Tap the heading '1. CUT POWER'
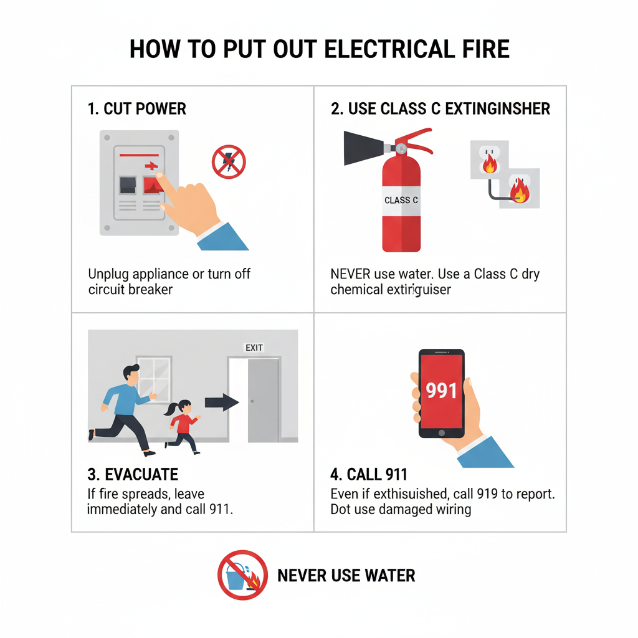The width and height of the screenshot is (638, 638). (x=136, y=108)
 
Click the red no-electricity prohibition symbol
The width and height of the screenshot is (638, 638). (x=229, y=162)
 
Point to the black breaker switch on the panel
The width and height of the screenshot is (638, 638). (x=128, y=185)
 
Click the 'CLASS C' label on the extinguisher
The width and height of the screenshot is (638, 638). (x=401, y=200)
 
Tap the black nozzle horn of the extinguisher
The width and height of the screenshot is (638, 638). (x=364, y=148)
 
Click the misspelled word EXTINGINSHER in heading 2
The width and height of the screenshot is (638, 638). (x=497, y=108)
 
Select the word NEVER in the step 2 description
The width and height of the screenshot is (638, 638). (x=350, y=274)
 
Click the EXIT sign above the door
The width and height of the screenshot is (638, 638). (x=254, y=348)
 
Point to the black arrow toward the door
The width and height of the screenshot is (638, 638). (x=222, y=402)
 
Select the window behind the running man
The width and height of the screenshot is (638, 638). (x=155, y=378)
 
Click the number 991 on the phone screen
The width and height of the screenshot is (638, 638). (x=442, y=390)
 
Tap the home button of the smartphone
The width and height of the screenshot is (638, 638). (x=442, y=433)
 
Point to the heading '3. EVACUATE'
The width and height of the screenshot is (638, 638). (x=133, y=474)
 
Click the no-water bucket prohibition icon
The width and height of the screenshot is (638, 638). (x=242, y=575)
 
